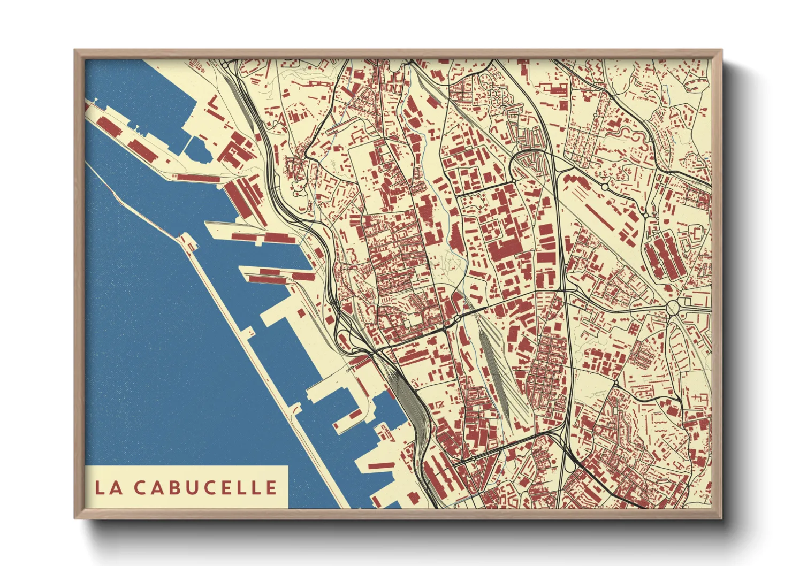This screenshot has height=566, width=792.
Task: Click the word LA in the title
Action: pos(109,487)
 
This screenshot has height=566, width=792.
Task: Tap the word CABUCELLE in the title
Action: pos(205,487)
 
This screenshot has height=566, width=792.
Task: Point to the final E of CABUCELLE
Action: pos(272,487)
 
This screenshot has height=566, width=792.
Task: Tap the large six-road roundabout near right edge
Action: pos(672,308)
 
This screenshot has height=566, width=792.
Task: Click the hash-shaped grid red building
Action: pos(636,328)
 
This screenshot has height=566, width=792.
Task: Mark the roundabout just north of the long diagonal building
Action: pos(605,187)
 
